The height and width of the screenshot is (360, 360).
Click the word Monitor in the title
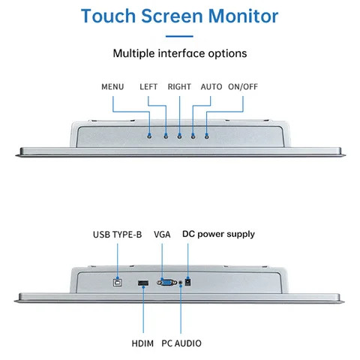(241, 16)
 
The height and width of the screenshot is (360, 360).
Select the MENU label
(112, 86)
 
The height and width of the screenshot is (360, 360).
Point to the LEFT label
(149, 86)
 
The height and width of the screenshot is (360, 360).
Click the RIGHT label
(180, 86)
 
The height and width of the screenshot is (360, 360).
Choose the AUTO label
(211, 86)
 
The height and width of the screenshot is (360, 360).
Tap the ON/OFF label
(243, 86)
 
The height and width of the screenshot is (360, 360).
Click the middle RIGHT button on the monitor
(179, 135)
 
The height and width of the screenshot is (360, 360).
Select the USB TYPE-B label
(117, 234)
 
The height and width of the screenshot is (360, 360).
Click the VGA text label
(162, 234)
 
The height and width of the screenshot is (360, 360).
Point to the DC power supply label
(219, 234)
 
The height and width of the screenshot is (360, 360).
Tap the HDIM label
(141, 343)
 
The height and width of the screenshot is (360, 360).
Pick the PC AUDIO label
(181, 343)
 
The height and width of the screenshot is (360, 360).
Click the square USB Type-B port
(117, 283)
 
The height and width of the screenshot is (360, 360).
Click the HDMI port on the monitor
(141, 283)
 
